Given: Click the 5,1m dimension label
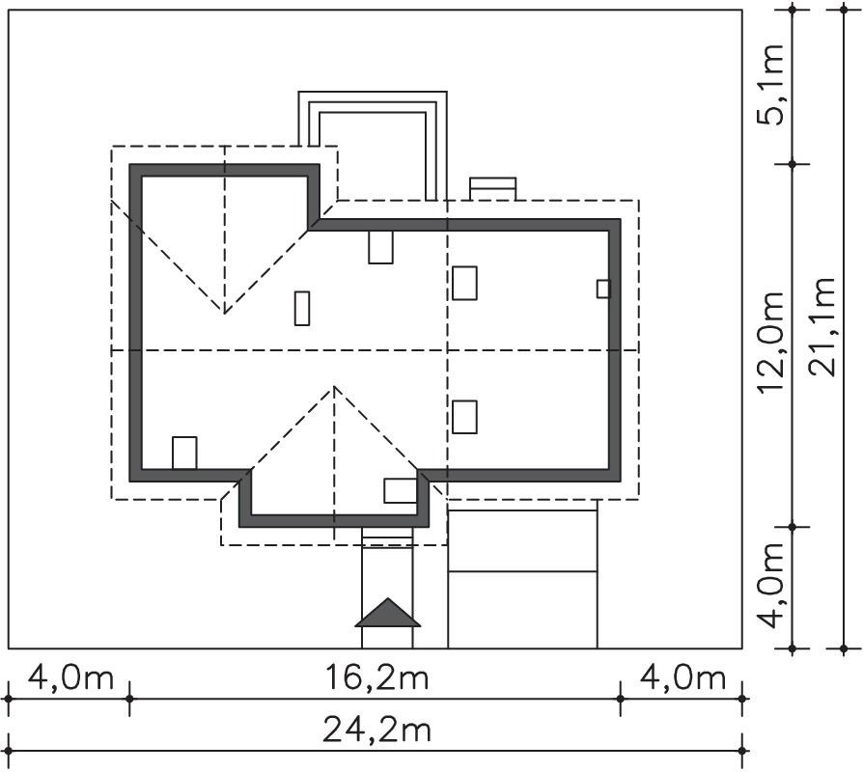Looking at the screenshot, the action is click(x=770, y=85).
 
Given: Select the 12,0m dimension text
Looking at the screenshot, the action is click(x=770, y=343).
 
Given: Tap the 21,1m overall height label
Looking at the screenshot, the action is click(x=822, y=327).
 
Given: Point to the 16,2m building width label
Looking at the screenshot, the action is click(x=376, y=677).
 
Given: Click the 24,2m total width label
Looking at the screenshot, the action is click(x=376, y=731).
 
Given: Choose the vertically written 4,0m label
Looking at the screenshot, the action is click(x=770, y=586).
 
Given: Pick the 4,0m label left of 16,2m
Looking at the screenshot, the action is click(x=70, y=677).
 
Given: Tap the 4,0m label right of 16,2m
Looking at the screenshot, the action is click(x=683, y=677).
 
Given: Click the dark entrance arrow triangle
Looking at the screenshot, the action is click(x=387, y=613).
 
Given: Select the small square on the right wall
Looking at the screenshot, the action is click(x=603, y=289).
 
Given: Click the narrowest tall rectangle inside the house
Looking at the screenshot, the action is click(x=301, y=308).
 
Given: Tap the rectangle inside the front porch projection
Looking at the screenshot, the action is click(x=401, y=491).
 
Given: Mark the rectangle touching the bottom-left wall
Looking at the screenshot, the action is click(x=184, y=453).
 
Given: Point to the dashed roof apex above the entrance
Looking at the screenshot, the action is click(x=334, y=386).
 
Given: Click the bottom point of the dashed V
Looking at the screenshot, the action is click(x=224, y=313).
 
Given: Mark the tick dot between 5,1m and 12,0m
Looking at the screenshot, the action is click(x=793, y=164).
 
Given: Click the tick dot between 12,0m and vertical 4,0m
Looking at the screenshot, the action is click(x=793, y=527).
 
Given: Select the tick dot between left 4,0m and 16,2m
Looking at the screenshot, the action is click(x=129, y=699).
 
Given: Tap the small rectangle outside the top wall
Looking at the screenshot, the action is click(x=492, y=189).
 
